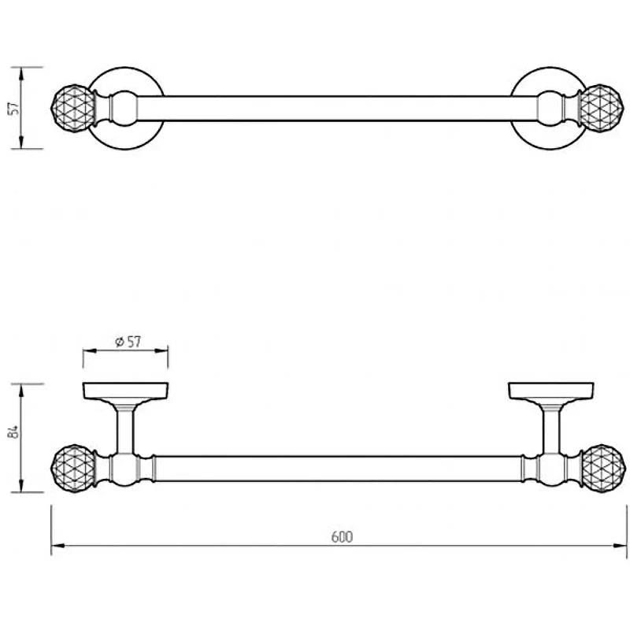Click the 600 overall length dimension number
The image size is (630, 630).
pos(342,537)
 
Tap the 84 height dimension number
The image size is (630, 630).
pos(13,432)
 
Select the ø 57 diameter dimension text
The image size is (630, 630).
pos(128,342)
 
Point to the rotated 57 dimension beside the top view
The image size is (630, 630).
pos(13,108)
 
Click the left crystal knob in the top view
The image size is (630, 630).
pos(73,108)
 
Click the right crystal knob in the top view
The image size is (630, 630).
pos(602,108)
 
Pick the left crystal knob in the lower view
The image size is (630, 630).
pos(73,469)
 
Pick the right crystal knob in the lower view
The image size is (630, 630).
pos(603,469)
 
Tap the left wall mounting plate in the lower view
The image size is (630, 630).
pos(125,391)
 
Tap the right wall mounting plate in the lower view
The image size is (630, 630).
pos(551,391)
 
